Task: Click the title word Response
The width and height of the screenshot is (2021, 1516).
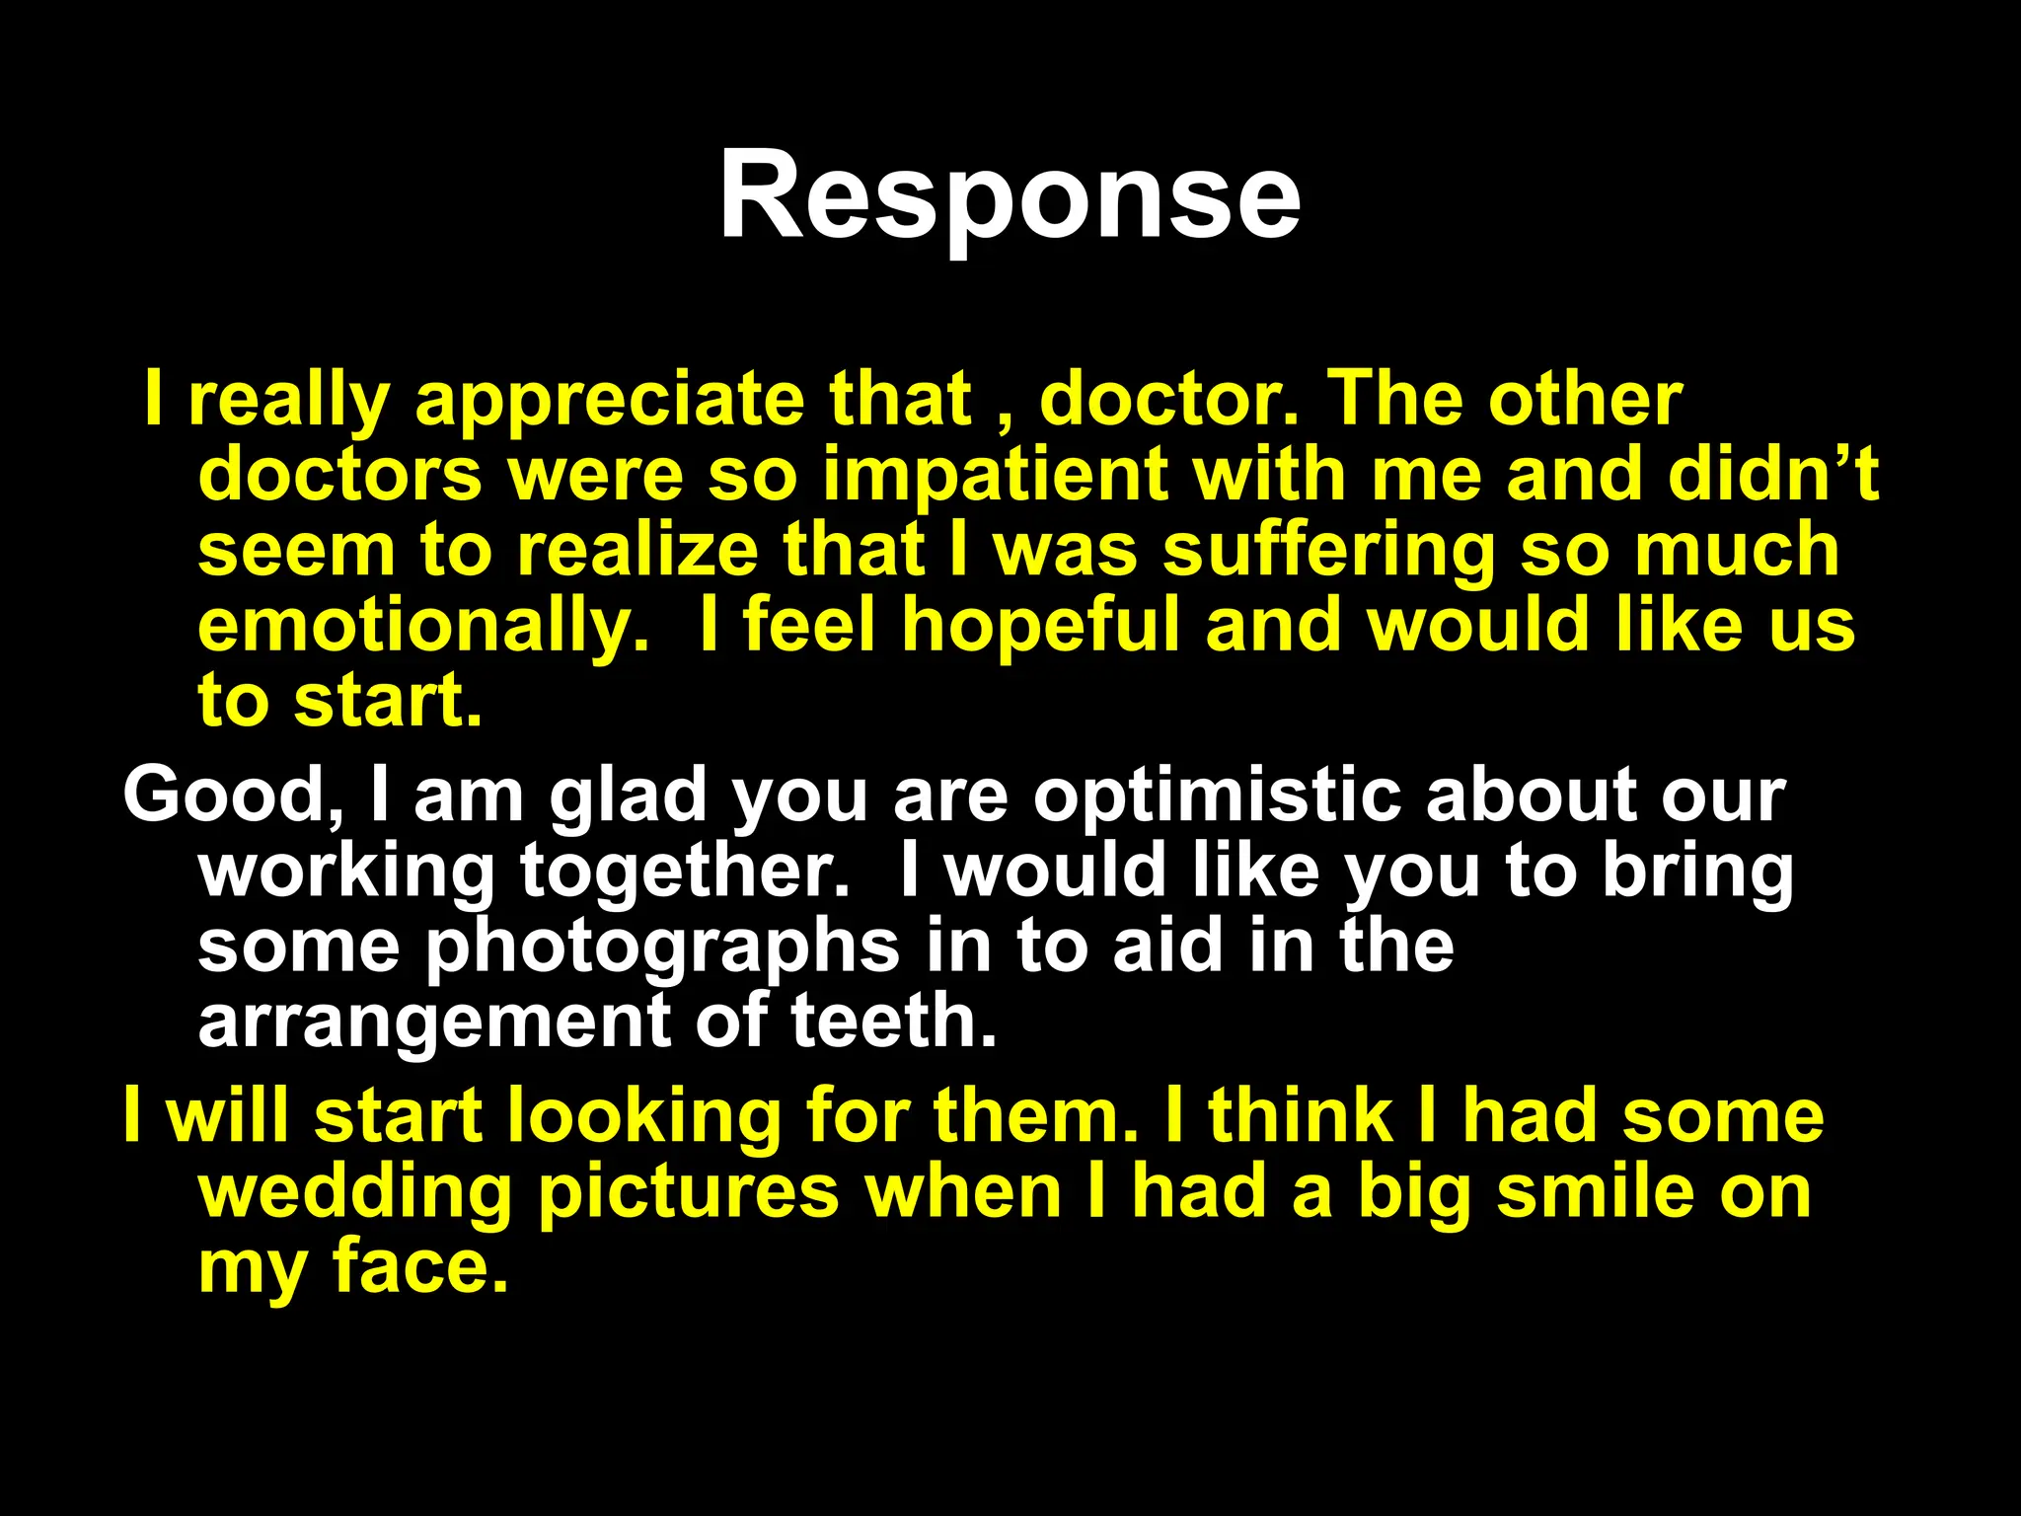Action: pos(1010,195)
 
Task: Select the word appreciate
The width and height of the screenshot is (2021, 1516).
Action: pos(609,400)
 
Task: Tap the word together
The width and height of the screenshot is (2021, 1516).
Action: pos(685,871)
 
